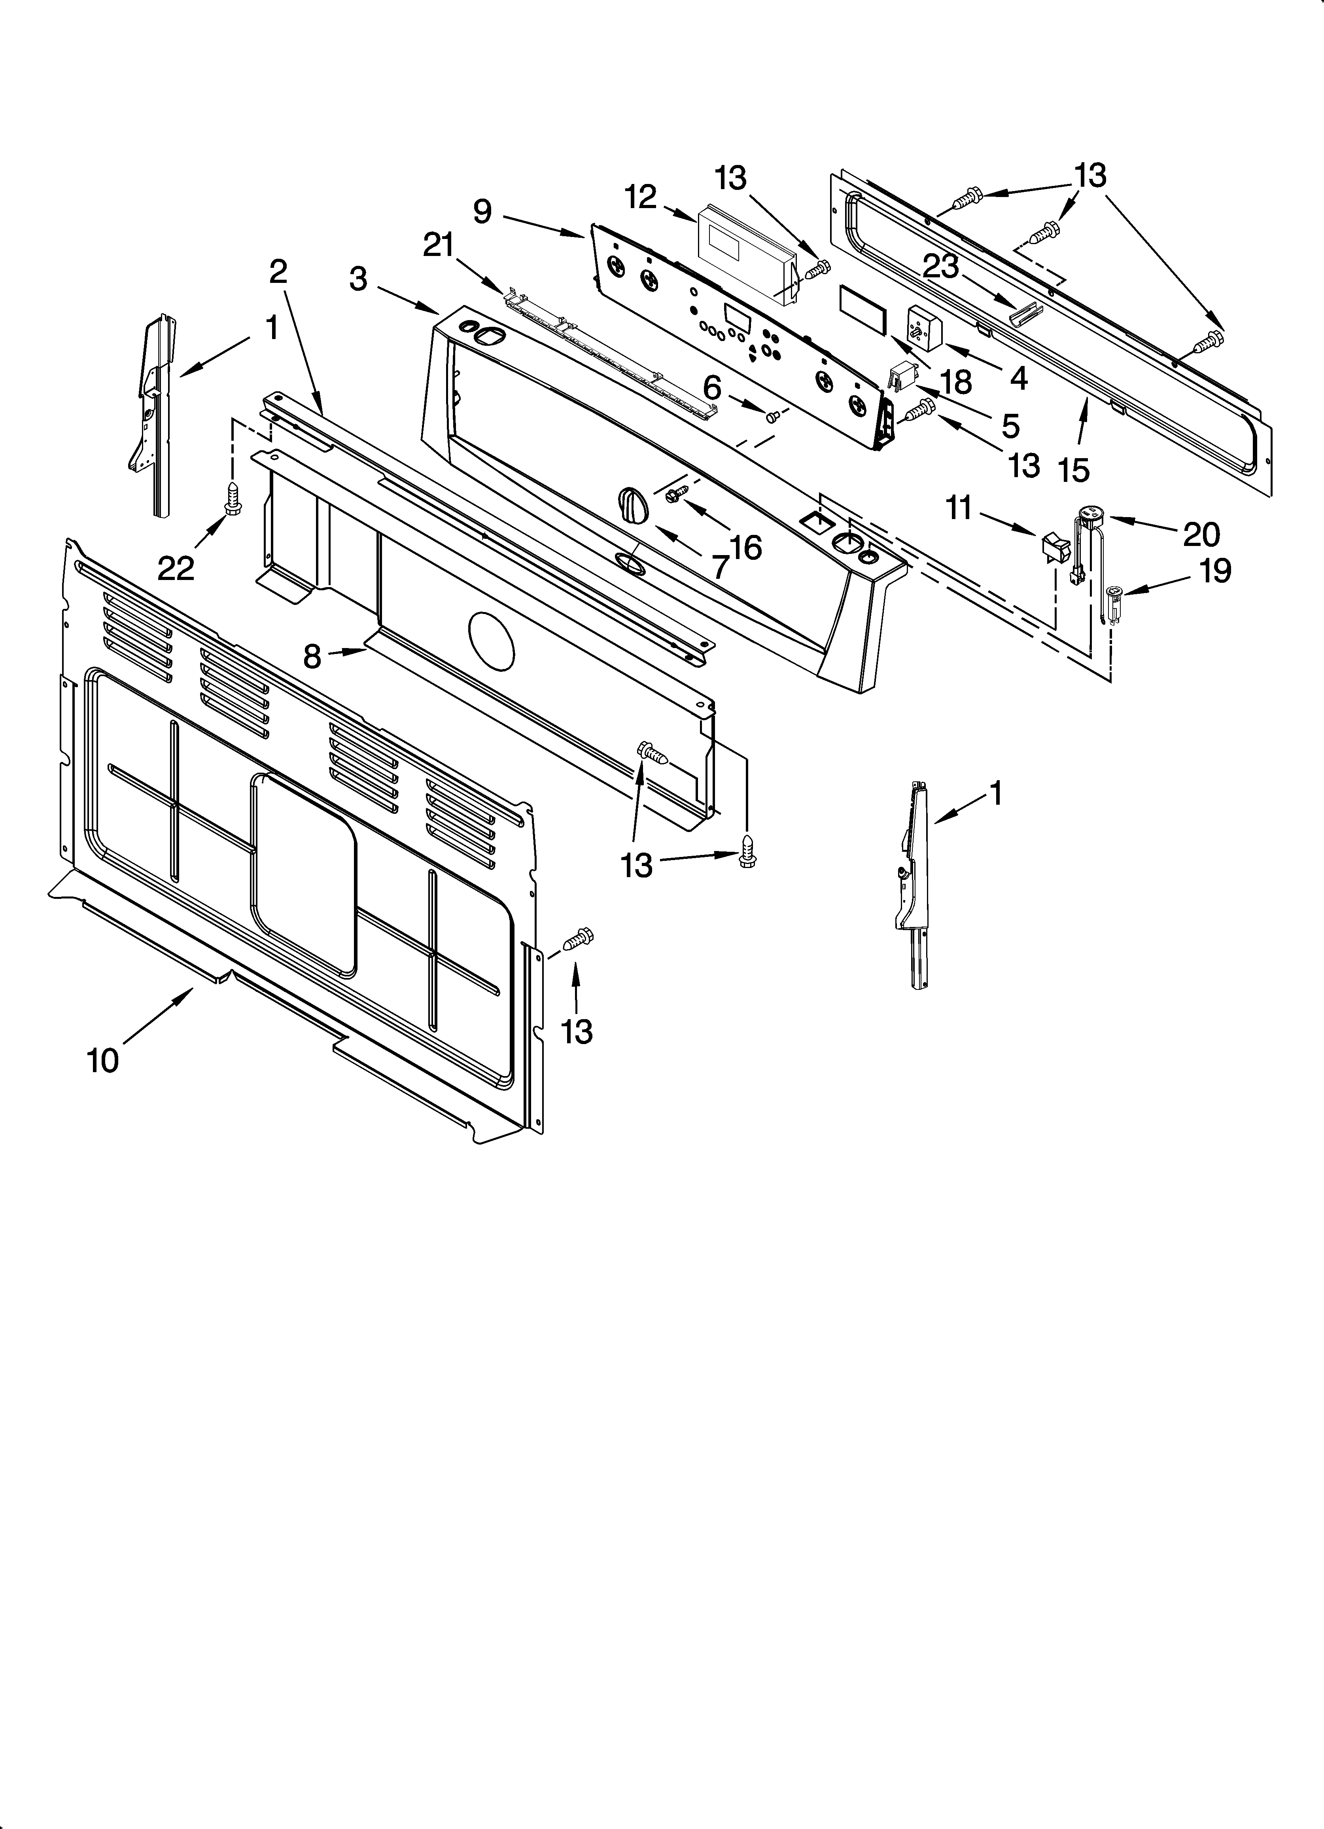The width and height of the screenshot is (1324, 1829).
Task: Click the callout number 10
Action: click(x=103, y=1059)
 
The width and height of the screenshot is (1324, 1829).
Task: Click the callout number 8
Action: click(x=312, y=657)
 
